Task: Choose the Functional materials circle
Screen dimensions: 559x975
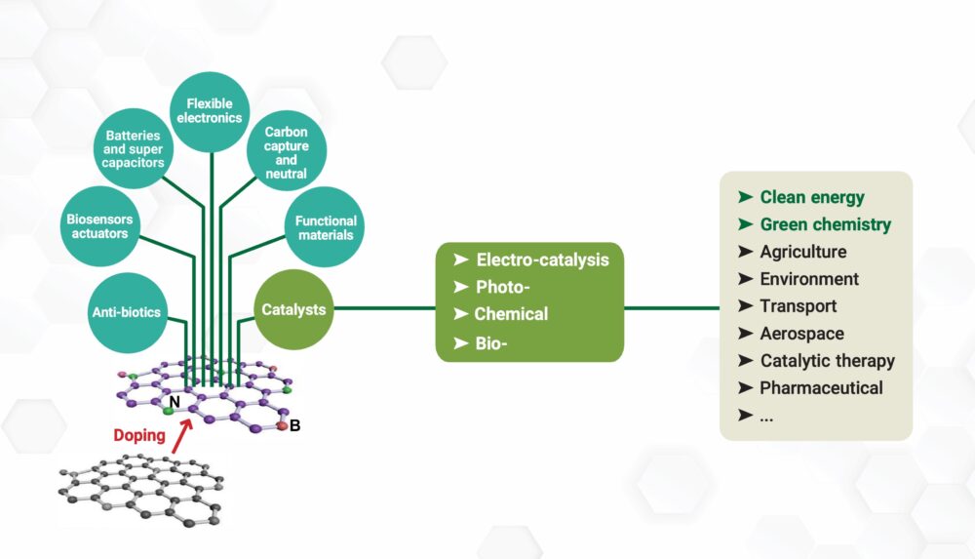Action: (x=326, y=227)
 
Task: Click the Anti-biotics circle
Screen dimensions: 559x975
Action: (x=128, y=312)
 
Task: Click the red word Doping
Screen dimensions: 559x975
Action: (x=139, y=435)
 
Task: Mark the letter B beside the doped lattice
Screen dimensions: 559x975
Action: (x=295, y=425)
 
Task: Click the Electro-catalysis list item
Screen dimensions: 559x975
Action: (x=542, y=260)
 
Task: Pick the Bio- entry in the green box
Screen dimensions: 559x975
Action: (x=494, y=341)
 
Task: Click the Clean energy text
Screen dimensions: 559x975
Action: (x=812, y=197)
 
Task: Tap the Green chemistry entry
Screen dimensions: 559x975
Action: (x=825, y=224)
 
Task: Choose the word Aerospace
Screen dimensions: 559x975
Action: (x=802, y=334)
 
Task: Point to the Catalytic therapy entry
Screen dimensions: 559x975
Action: (x=827, y=361)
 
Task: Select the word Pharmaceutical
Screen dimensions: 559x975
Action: (x=821, y=388)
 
